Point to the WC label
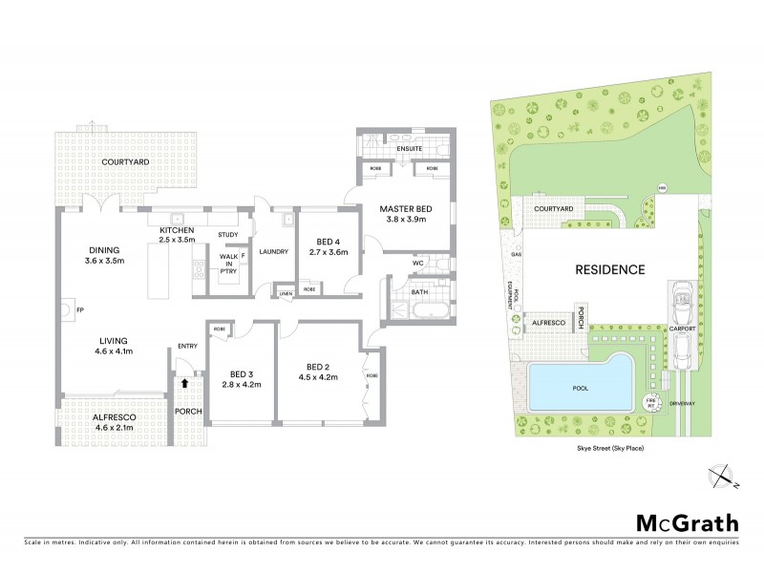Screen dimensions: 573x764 [x=417, y=263]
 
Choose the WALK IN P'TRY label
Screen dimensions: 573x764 [x=229, y=264]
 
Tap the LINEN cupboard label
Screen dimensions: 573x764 [x=285, y=293]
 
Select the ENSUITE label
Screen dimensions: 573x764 [x=410, y=149]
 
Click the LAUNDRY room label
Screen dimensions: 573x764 [x=273, y=252]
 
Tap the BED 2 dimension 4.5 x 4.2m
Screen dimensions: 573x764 [x=318, y=377]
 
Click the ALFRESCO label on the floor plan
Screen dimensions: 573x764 [x=112, y=416]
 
